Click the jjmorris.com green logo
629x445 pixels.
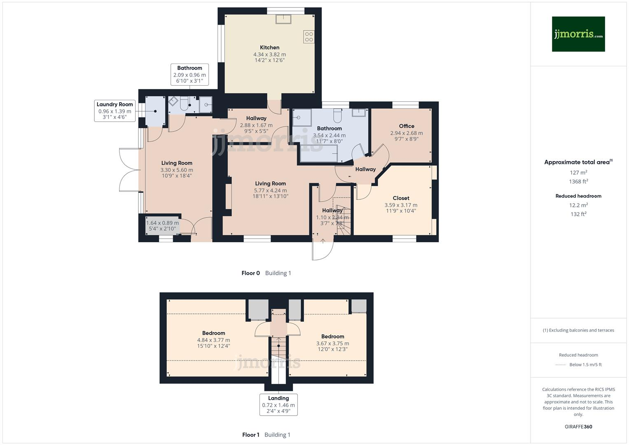578,34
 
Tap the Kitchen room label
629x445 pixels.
269,47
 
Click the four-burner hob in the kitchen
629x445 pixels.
309,37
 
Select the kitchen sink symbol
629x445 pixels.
283,19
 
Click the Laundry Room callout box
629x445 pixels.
115,110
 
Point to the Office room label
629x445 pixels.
406,126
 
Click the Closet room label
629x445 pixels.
401,198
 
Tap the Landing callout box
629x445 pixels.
278,404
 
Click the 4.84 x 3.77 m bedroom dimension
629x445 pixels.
213,340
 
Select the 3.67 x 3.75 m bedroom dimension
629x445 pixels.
332,343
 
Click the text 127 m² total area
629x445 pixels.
578,173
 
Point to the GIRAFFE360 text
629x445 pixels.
578,426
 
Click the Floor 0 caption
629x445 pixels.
250,273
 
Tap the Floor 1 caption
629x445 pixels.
250,435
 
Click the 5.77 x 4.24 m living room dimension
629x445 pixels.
270,190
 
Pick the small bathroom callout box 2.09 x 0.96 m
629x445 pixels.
189,75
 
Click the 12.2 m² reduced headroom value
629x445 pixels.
578,205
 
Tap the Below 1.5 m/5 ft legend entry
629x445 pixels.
585,365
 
